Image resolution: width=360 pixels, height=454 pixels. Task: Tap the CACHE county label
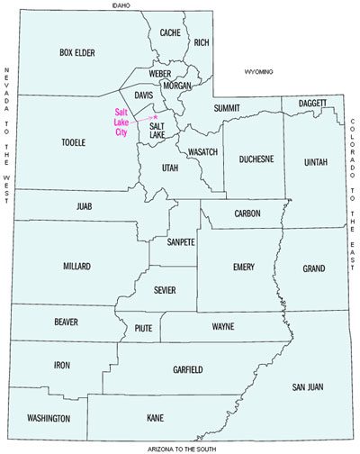click(171, 32)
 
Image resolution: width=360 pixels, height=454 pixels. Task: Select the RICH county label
click(201, 42)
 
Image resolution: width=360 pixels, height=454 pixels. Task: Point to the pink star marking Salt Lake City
click(155, 117)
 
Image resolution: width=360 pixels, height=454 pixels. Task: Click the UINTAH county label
click(317, 161)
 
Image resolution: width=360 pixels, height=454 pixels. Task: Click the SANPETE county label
click(181, 241)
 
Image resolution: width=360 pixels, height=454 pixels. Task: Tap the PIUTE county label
click(143, 328)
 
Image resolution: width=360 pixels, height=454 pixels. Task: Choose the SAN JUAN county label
click(306, 386)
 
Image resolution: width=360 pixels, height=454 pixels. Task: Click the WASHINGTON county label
click(49, 419)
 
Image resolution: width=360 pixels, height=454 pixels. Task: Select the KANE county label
click(156, 419)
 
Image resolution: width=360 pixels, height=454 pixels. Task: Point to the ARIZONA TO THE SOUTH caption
click(180, 449)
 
